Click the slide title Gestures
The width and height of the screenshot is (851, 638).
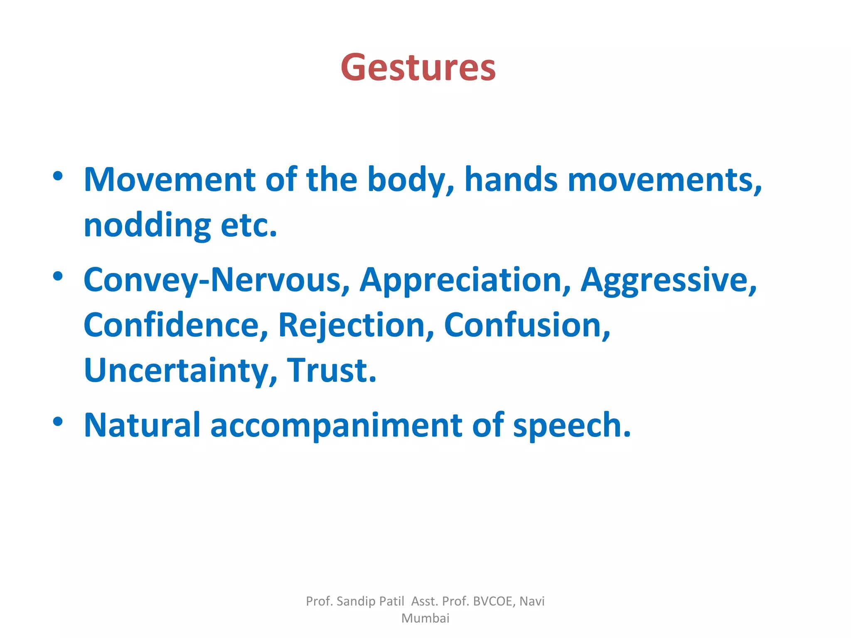[x=418, y=68]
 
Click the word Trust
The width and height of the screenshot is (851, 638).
[x=331, y=371]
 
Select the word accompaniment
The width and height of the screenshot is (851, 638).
[x=336, y=425]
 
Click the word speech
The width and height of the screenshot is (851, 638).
[x=572, y=425]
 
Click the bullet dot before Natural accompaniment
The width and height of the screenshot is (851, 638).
[x=58, y=422]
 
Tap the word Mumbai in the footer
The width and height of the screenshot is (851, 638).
[x=425, y=618]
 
